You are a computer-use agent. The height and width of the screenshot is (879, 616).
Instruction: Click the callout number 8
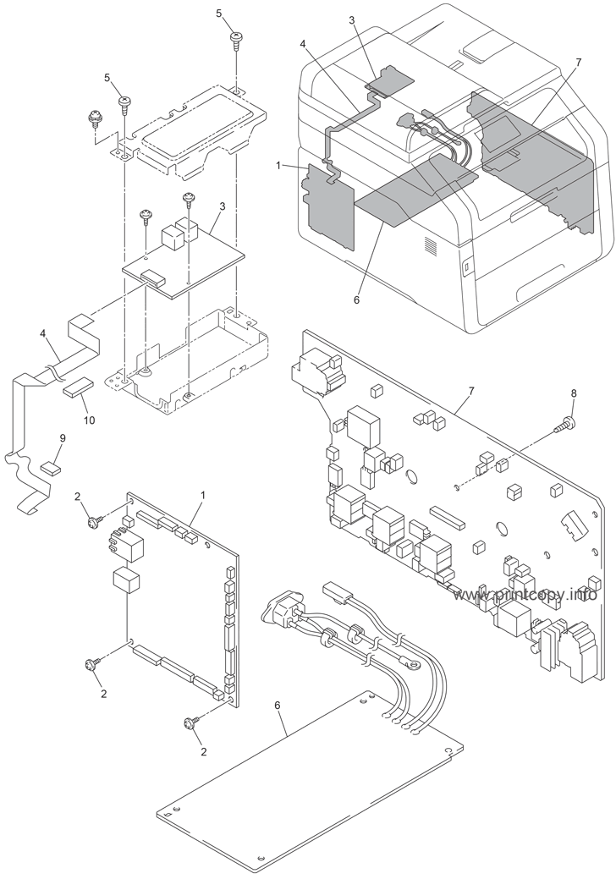pos(573,393)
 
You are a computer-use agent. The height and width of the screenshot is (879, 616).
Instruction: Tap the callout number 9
pos(62,437)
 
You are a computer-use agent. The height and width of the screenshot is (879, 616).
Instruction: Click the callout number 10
pos(89,420)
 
